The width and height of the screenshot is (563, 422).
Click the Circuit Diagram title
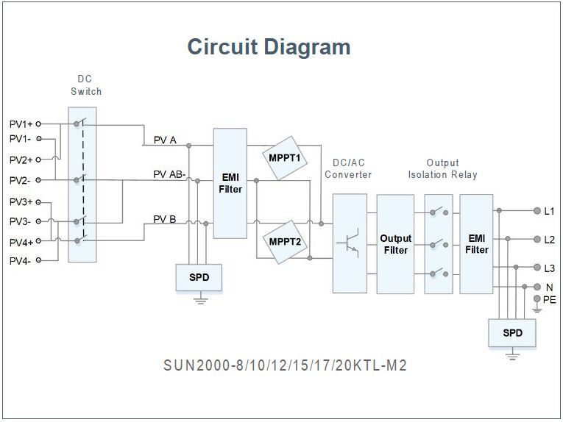coord(269,47)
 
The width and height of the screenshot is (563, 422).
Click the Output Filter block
coord(395,244)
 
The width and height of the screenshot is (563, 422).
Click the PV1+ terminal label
coord(21,124)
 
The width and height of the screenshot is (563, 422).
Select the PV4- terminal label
coord(21,260)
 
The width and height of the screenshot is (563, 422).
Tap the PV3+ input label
coord(21,201)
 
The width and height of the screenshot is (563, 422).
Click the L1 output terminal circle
coord(537,211)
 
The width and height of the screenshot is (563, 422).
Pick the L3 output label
coord(550,268)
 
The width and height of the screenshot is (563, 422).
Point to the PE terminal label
coord(550,299)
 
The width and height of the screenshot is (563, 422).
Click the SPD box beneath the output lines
coord(513,333)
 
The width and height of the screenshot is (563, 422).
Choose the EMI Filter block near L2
coord(476,244)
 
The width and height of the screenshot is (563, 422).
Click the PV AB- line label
coord(169,174)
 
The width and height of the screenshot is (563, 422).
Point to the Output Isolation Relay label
coord(443,168)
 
